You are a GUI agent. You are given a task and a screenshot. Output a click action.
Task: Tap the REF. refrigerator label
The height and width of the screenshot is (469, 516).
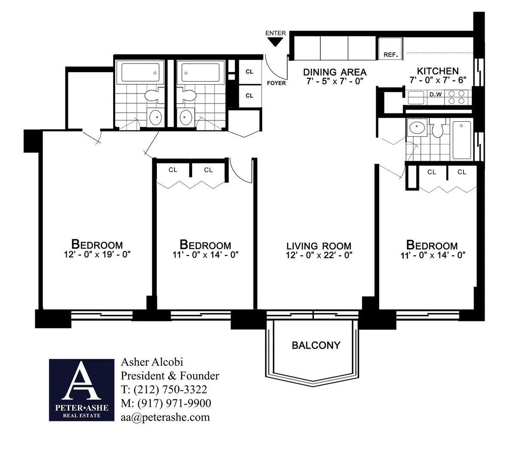point(390,55)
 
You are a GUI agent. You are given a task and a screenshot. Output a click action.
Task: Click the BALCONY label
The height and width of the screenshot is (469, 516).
point(316,345)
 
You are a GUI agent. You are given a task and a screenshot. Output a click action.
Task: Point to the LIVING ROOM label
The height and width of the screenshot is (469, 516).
point(319,246)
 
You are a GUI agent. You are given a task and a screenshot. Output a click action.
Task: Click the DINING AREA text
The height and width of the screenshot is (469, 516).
point(335,72)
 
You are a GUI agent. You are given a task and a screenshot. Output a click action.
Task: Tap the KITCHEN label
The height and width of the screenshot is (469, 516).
point(438,71)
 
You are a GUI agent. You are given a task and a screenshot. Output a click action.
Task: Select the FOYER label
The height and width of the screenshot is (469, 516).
point(276,83)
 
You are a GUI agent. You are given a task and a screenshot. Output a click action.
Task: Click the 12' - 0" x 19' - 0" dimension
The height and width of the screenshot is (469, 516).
point(97,254)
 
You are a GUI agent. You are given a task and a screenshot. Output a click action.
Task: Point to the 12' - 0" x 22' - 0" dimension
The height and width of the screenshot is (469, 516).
point(319,255)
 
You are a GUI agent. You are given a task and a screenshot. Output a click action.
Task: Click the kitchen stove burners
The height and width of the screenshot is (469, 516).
point(456,97)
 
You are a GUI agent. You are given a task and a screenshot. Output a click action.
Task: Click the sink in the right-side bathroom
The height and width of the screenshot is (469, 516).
point(416,127)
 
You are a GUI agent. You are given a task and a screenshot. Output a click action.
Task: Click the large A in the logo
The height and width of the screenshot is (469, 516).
point(81,382)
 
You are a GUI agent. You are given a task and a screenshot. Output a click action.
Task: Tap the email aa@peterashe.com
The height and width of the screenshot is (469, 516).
point(165,417)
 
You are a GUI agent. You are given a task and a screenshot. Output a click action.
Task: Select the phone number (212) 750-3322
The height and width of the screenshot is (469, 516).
point(170,389)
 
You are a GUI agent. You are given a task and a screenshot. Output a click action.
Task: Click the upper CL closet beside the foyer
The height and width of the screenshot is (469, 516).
point(249,72)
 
